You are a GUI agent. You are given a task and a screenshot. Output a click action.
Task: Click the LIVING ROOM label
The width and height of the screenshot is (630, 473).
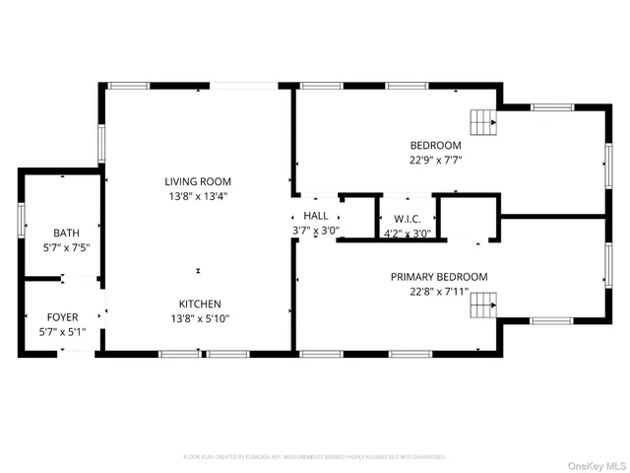click(198, 181)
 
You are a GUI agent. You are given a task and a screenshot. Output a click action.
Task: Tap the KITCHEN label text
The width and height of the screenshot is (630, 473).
click(199, 304)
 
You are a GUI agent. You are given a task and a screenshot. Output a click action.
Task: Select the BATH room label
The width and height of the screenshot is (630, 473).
click(66, 233)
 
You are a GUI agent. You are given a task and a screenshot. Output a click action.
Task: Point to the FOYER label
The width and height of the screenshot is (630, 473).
click(63, 317)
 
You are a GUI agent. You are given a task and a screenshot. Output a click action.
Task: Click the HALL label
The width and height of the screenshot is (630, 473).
click(316, 216)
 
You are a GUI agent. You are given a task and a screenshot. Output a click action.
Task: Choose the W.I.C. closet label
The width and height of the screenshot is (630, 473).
click(408, 219)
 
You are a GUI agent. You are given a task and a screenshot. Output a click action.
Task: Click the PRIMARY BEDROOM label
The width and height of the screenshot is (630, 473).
click(438, 277)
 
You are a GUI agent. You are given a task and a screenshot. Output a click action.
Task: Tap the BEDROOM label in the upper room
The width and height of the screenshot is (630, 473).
click(435, 145)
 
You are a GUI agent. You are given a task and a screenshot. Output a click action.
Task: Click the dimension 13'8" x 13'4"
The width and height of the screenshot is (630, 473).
click(198, 195)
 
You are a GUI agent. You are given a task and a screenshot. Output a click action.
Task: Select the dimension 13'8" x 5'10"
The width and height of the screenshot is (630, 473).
click(199, 317)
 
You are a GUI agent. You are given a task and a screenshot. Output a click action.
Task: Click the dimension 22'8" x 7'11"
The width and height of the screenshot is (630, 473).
click(438, 291)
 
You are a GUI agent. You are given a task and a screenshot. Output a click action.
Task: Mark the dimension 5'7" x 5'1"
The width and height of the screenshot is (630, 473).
click(63, 331)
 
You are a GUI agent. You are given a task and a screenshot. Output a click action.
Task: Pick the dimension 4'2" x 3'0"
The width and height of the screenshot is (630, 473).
click(408, 233)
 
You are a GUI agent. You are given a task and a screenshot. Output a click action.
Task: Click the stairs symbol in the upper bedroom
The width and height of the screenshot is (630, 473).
click(482, 122)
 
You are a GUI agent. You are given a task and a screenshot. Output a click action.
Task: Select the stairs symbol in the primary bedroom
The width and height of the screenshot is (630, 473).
click(482, 306)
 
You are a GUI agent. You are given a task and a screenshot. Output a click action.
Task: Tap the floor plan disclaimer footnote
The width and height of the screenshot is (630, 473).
click(315, 457)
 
